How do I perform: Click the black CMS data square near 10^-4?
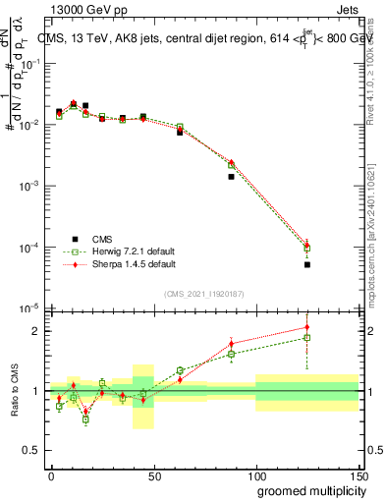(x=307, y=264)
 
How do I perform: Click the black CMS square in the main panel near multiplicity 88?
(x=231, y=177)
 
